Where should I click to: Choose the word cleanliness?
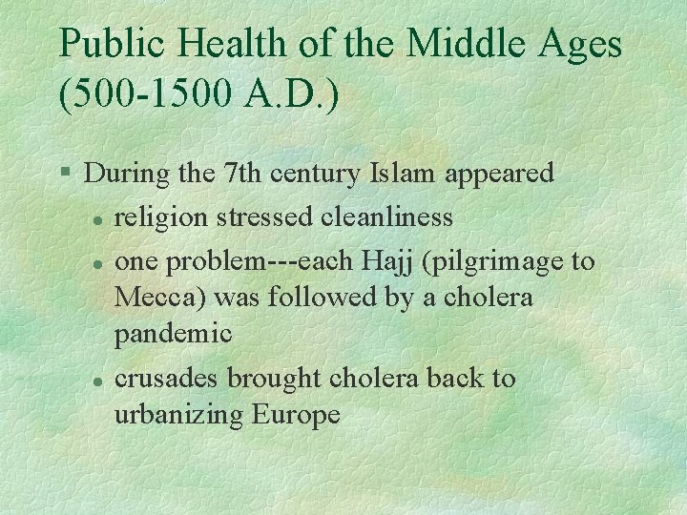point(387,217)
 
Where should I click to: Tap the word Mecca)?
point(161,298)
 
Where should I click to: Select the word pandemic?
point(174,335)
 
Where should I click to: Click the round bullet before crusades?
point(97,380)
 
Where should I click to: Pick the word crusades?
point(167,379)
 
